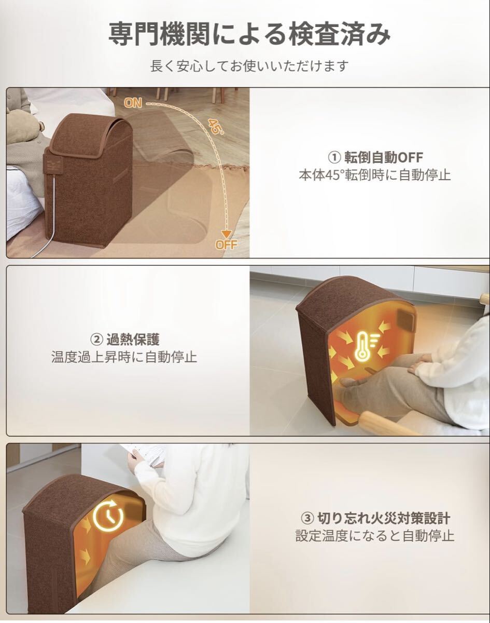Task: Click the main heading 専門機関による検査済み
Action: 249,34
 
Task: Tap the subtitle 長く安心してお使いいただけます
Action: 249,66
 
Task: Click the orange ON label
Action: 133,103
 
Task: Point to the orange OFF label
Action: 227,245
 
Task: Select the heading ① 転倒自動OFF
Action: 375,157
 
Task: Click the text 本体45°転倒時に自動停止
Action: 375,175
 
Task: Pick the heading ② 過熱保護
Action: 125,340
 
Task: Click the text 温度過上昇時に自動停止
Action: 124,357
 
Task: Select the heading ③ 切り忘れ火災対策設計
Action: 375,518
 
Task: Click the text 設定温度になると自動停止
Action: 375,536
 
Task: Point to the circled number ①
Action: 334,158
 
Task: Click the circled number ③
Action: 307,519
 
